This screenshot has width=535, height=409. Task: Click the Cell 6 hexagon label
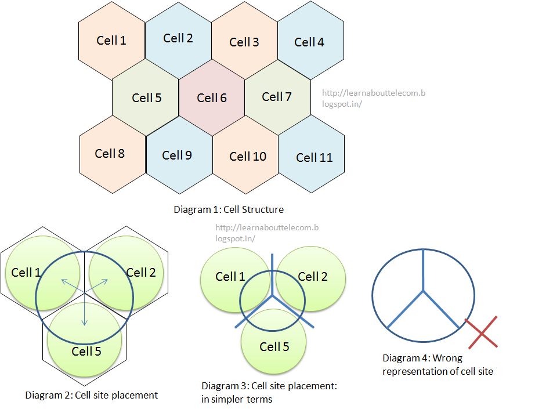point(212,98)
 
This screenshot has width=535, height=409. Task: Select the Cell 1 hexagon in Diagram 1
point(111,41)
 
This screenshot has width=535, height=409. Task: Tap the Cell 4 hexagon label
point(309,42)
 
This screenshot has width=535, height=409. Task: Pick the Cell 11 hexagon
point(315,157)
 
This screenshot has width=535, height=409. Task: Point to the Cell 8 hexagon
point(110,154)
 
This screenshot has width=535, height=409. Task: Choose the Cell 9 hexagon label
point(177,155)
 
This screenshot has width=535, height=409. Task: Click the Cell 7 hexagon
point(277,97)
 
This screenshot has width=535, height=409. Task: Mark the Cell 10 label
point(248,157)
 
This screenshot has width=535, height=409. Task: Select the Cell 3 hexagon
point(244,42)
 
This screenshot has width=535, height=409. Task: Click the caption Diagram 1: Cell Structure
point(229,209)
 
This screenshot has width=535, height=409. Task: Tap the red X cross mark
point(482,332)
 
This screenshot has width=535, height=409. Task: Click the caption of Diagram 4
point(438,364)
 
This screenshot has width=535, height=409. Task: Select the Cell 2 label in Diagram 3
point(312,277)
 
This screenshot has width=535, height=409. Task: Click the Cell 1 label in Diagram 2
point(26,272)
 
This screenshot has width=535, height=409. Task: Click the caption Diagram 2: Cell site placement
point(92,396)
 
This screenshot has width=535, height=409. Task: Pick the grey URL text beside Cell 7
point(374,98)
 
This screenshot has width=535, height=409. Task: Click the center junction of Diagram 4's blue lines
point(424,290)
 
